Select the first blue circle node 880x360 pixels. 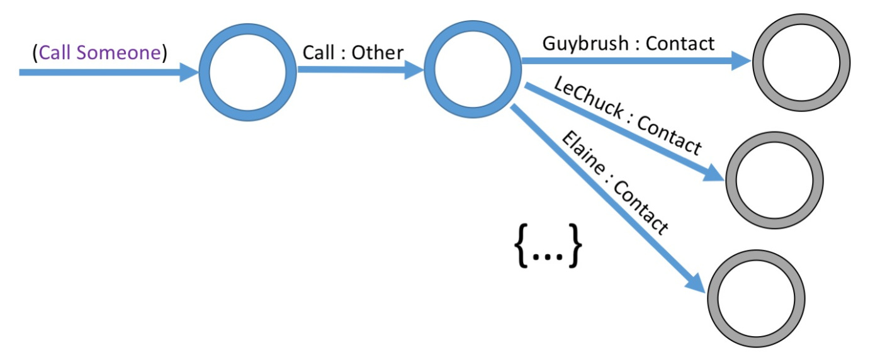[x=247, y=72]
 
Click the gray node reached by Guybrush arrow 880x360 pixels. [x=800, y=64]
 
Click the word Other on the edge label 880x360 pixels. [x=377, y=53]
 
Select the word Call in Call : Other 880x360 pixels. [x=319, y=53]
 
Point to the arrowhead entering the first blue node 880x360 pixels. [x=189, y=72]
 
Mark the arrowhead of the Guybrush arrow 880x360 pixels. [x=740, y=61]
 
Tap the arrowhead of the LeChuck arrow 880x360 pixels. [x=714, y=172]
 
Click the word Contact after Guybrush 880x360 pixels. [x=680, y=43]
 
